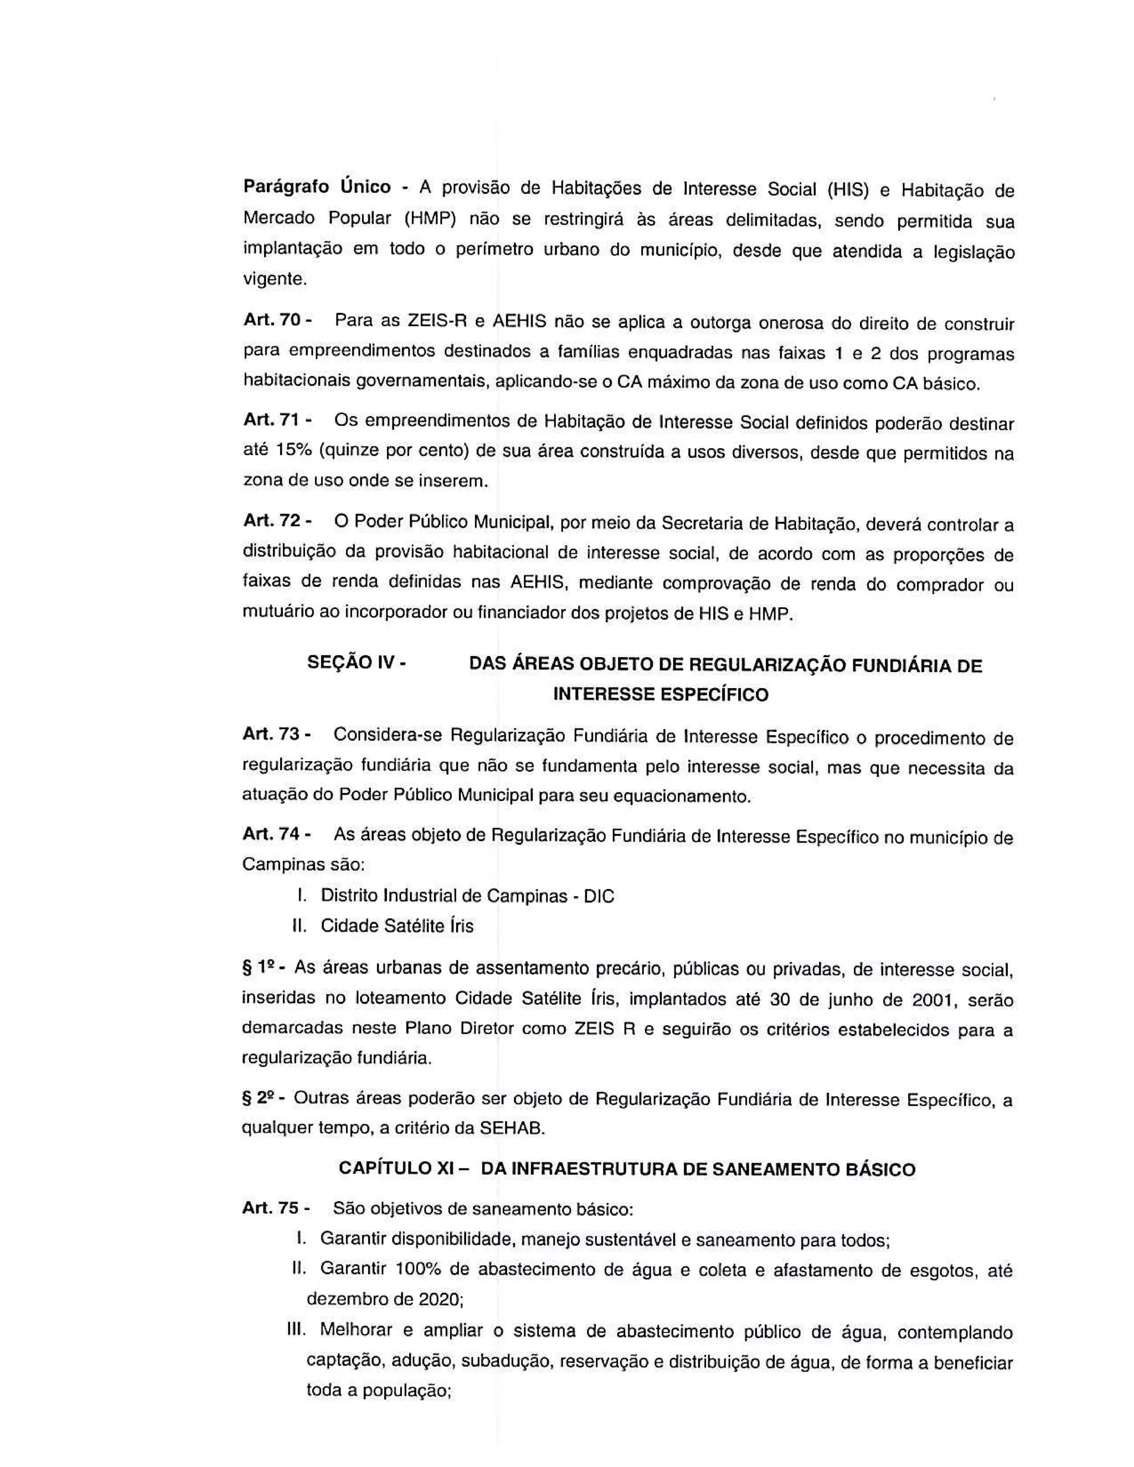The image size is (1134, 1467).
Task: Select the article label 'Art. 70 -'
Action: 277,320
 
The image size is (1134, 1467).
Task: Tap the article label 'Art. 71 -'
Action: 277,420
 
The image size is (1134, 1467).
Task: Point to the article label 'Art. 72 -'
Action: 277,520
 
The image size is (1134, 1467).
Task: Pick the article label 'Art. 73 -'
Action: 276,734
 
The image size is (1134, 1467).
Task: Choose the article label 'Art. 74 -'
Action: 276,835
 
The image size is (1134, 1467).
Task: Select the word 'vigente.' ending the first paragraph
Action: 274,280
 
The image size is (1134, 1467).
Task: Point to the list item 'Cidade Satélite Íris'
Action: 397,926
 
